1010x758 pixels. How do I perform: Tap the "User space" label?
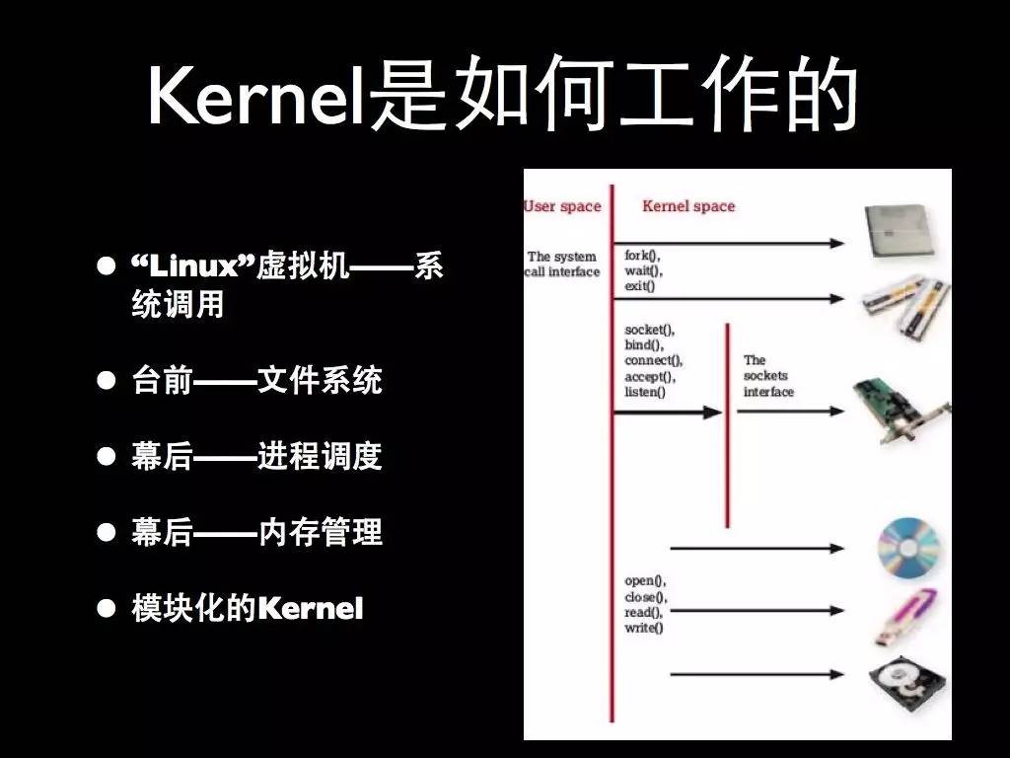562,206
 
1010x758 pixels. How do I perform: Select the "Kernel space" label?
688,206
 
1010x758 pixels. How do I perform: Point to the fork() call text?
642,256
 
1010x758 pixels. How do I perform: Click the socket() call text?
650,329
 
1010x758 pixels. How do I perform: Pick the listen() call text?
645,392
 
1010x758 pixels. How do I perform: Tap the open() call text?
645,581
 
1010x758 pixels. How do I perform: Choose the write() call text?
644,628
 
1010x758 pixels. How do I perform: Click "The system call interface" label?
562,264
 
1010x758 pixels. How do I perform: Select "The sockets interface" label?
768,376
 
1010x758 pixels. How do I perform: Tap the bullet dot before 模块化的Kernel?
106,609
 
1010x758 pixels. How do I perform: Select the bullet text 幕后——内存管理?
256,533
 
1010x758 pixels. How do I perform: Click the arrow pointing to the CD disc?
757,547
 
